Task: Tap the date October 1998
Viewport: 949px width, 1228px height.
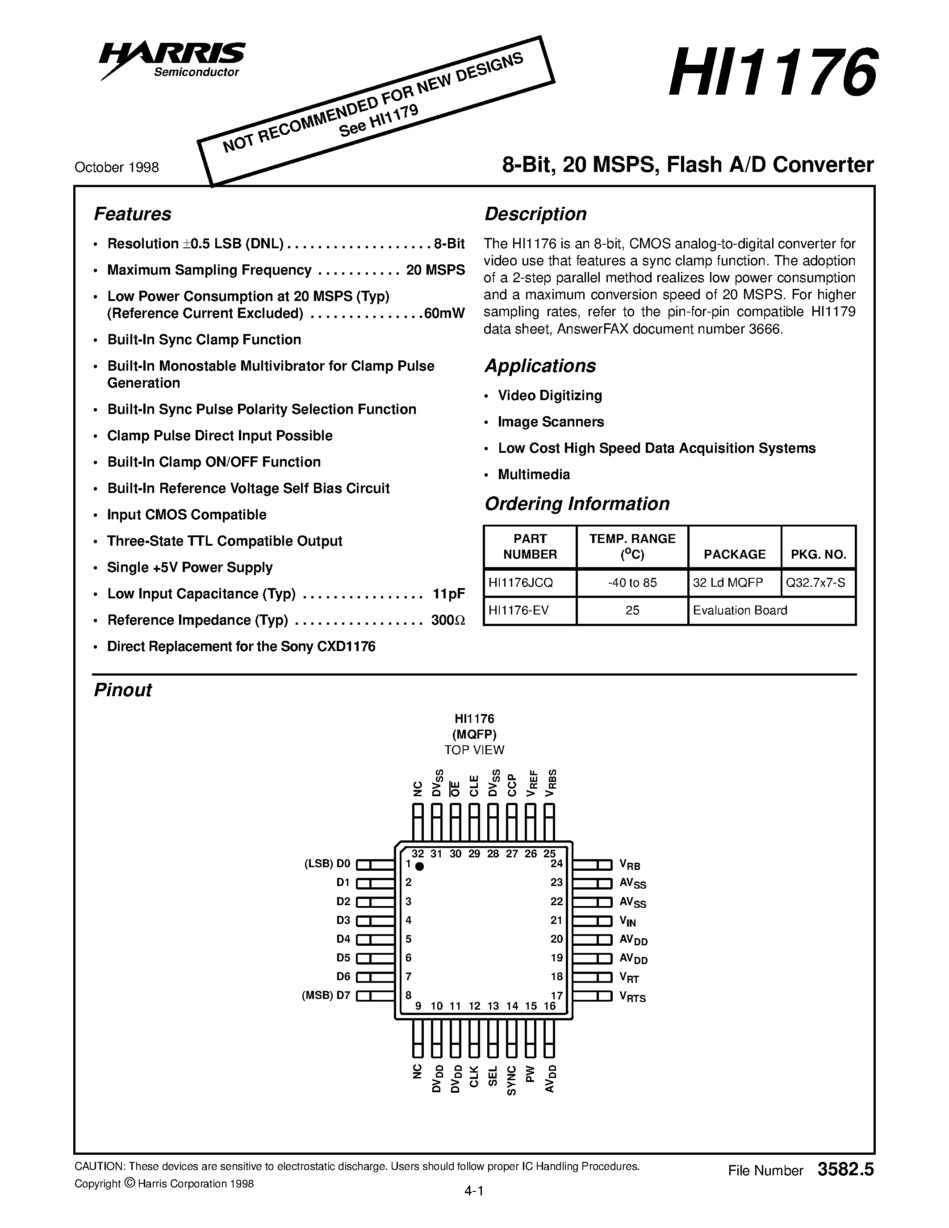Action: [117, 167]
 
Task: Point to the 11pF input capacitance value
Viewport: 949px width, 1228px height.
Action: [449, 594]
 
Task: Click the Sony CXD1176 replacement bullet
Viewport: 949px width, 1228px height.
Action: [241, 647]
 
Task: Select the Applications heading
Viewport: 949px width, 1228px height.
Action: [540, 366]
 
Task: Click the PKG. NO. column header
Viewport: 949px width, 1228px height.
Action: [818, 555]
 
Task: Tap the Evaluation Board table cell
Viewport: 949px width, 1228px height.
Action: [740, 610]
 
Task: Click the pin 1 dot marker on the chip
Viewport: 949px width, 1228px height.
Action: [419, 866]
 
